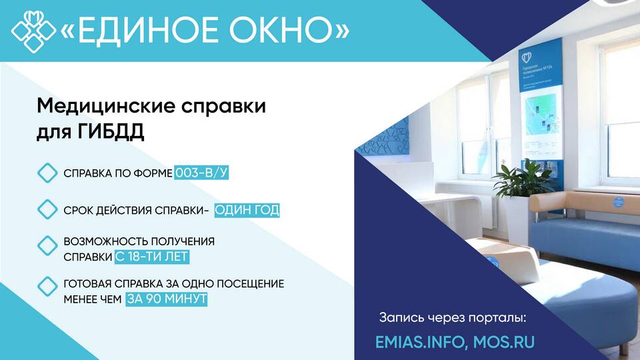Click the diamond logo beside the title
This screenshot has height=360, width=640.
[x=33, y=31]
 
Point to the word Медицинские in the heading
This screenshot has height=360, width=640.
[x=106, y=106]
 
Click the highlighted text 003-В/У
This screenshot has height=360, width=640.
[x=201, y=173]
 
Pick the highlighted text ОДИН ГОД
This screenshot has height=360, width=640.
[x=247, y=210]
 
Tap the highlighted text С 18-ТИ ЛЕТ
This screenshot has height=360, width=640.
[x=152, y=257]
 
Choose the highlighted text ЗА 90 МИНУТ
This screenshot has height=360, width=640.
[x=167, y=299]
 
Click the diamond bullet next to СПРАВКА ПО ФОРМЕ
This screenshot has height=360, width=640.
[x=48, y=173]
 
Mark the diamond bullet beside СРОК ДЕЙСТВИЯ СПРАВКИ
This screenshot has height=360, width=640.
[x=48, y=210]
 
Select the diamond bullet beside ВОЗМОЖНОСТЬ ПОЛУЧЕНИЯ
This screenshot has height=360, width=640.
[x=48, y=246]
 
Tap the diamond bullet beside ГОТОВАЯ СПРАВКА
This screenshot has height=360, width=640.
[x=48, y=286]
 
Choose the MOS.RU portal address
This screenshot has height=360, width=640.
[x=504, y=342]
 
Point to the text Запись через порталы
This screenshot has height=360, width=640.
[x=453, y=317]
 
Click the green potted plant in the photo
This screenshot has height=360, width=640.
[x=522, y=179]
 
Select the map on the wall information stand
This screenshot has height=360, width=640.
[x=541, y=114]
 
